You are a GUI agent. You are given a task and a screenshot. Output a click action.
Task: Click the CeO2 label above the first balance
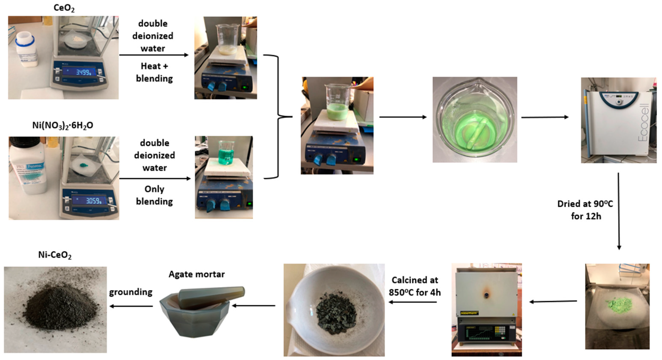click(64, 8)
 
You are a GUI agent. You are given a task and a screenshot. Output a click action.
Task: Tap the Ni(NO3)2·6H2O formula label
click(63, 125)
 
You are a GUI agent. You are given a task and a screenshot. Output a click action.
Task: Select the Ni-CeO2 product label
click(55, 255)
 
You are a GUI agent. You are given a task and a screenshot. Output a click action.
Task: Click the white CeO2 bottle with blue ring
click(26, 51)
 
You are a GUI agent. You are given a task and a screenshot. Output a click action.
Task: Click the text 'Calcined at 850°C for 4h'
click(415, 286)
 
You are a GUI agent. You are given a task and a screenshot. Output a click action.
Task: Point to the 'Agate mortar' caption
click(197, 275)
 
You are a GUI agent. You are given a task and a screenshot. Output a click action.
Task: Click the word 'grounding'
click(131, 292)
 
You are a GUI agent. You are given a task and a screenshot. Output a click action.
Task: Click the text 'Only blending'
click(154, 195)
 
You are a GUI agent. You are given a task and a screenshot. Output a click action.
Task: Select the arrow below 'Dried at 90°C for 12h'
click(619, 211)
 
